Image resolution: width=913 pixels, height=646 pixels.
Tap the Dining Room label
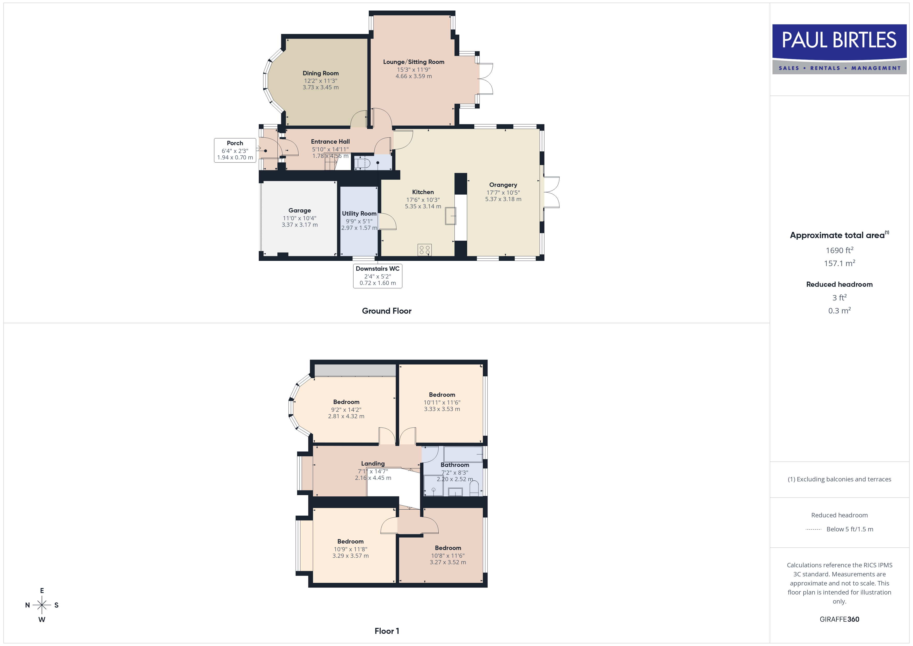click(x=320, y=73)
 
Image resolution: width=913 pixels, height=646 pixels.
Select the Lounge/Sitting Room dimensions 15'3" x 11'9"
click(x=414, y=70)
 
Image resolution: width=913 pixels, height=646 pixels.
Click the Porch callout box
click(x=235, y=150)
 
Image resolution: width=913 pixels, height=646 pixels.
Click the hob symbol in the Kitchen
click(x=425, y=250)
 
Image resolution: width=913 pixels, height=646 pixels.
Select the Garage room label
click(x=300, y=210)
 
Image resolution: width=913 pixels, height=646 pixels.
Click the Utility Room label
click(x=359, y=214)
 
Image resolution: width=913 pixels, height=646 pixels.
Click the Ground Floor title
click(x=387, y=311)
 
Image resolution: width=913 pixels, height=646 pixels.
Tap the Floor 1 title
click(x=387, y=631)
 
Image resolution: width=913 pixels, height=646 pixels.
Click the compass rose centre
click(x=42, y=605)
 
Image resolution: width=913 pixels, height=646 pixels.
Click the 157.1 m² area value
click(x=840, y=263)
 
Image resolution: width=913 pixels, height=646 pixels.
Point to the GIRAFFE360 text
click(x=840, y=619)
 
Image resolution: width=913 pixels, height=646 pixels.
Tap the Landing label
click(x=373, y=464)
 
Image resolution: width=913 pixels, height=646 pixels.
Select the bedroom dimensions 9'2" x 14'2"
click(x=346, y=410)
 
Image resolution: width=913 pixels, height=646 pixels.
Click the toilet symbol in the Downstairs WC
click(x=362, y=163)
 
